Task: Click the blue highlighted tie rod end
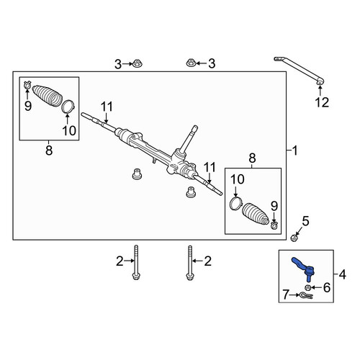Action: pyautogui.click(x=303, y=267)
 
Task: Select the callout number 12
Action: pyautogui.click(x=322, y=103)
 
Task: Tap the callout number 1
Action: pyautogui.click(x=295, y=150)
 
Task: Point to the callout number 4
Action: pyautogui.click(x=343, y=274)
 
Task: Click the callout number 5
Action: pyautogui.click(x=305, y=221)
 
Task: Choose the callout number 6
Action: pyautogui.click(x=327, y=287)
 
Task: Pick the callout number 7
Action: pyautogui.click(x=286, y=294)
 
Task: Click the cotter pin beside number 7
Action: pyautogui.click(x=305, y=295)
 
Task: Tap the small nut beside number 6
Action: pyautogui.click(x=308, y=287)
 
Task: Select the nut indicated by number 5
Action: pyautogui.click(x=294, y=238)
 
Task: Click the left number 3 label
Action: pyautogui.click(x=118, y=64)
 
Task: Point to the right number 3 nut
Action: pyautogui.click(x=190, y=63)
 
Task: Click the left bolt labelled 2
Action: pyautogui.click(x=136, y=262)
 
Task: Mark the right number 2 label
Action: pyautogui.click(x=207, y=261)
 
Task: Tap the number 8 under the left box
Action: pyautogui.click(x=49, y=150)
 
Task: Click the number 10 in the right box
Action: pyautogui.click(x=238, y=179)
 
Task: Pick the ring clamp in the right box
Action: pyautogui.click(x=235, y=204)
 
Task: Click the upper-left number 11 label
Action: pyautogui.click(x=107, y=107)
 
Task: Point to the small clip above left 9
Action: pyautogui.click(x=27, y=84)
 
